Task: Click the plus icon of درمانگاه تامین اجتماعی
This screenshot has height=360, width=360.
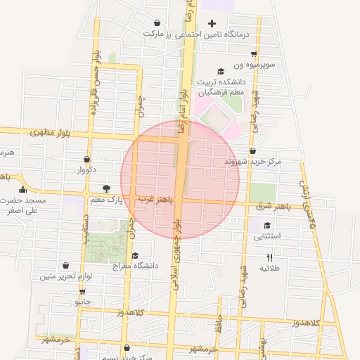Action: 212,24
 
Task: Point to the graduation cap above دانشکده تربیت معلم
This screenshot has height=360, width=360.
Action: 221,71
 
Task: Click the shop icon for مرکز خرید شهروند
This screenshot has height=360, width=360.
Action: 252,150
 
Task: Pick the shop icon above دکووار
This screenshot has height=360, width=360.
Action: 86,160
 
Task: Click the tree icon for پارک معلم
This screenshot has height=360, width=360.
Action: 106,188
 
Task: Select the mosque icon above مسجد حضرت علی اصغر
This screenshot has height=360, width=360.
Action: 22,188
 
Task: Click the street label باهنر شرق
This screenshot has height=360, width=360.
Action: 273,207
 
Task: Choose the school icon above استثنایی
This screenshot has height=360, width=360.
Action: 267,226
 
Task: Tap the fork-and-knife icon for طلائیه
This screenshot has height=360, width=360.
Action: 270,258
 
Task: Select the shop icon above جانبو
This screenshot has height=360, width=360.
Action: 83,291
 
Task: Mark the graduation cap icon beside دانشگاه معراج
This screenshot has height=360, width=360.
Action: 135,255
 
